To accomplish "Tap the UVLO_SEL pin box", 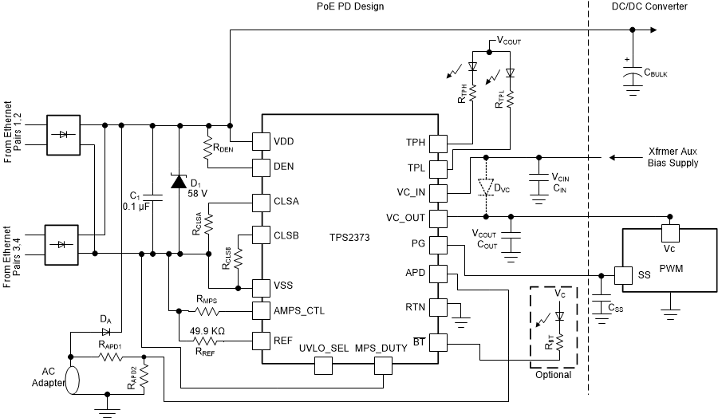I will coord(324,365).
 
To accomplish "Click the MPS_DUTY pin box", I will coord(384,365).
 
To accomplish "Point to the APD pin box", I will coord(438,273).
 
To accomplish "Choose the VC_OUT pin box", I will coord(438,218).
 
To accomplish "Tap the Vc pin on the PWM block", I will coord(669,232).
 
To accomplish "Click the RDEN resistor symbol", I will coord(209,147).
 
